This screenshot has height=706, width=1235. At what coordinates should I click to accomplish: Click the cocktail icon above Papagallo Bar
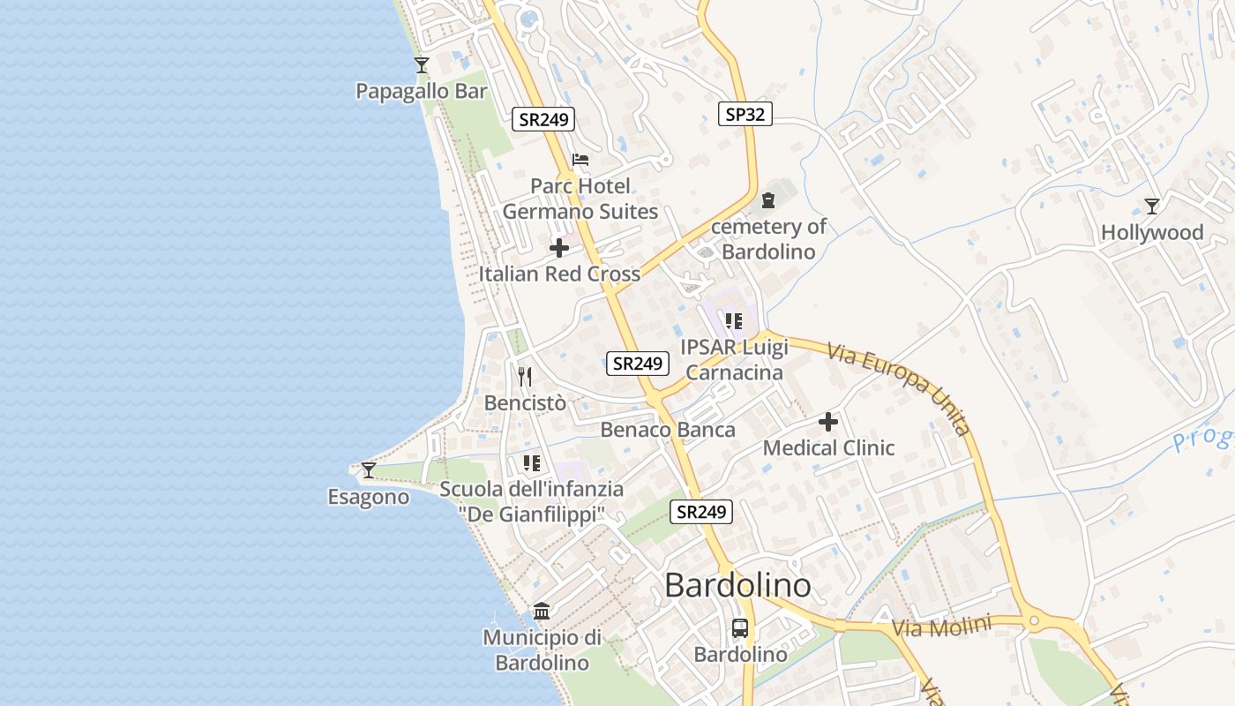[x=422, y=65]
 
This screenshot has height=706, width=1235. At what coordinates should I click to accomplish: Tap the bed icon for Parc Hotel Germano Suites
[x=580, y=160]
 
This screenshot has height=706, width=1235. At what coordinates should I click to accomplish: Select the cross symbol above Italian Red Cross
[x=559, y=248]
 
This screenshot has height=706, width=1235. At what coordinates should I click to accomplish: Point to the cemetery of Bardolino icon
[x=768, y=200]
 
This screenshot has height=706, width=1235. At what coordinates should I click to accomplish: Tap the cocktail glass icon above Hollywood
[x=1151, y=207]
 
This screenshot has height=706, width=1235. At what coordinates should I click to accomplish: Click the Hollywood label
[x=1151, y=233]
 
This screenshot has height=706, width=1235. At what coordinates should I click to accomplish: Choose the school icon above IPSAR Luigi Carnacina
[x=734, y=321]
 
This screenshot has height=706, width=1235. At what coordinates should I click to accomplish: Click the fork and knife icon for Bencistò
[x=525, y=377]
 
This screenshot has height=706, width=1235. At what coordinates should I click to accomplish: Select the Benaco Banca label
[x=668, y=430]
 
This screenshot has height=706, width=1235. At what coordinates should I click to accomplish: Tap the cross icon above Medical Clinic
[x=828, y=423]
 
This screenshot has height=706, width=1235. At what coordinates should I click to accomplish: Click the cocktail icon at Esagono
[x=369, y=470]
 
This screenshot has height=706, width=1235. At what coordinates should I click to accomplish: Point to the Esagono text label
[x=369, y=497]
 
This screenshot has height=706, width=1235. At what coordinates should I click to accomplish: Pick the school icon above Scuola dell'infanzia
[x=531, y=462]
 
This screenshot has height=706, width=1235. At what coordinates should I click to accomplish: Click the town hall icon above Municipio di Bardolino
[x=542, y=611]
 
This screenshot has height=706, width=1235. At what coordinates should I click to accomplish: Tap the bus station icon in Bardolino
[x=740, y=628]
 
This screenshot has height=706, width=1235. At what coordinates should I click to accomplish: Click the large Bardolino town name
[x=737, y=585]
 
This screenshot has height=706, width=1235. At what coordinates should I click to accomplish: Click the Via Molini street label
[x=941, y=627]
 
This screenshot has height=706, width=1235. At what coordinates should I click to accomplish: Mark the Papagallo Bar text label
[x=422, y=91]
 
